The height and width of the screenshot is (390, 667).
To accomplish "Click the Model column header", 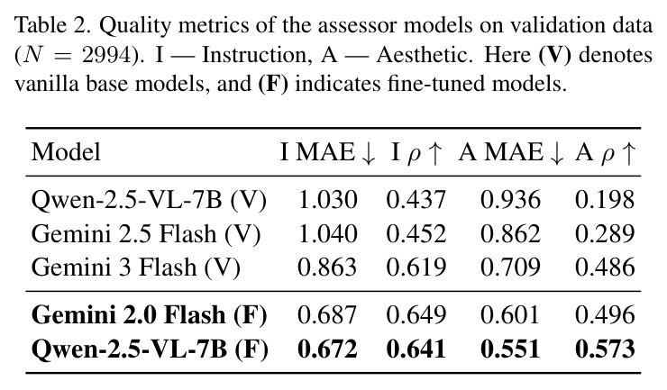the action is click(x=66, y=152).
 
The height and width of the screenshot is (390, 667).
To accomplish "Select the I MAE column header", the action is click(x=327, y=152).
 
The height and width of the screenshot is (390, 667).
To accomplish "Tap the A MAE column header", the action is click(x=511, y=152).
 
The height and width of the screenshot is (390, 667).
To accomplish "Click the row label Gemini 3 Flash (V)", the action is click(x=136, y=268).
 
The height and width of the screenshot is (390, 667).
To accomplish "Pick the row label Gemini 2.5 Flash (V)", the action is click(x=146, y=234).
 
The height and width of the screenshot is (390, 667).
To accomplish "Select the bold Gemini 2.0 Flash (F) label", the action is click(x=150, y=315).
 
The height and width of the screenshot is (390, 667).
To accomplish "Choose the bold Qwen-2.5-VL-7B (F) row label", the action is click(x=150, y=349).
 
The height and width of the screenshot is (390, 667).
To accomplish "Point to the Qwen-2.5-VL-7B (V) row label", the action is click(x=149, y=199).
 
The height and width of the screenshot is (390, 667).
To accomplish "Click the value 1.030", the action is click(x=327, y=199).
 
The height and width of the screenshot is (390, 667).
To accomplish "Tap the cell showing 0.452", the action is click(x=416, y=234).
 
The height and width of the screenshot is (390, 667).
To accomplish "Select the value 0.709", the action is click(x=510, y=268).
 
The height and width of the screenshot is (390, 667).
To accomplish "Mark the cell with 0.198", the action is click(x=605, y=199).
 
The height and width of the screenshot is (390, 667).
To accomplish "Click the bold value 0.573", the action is click(x=605, y=349).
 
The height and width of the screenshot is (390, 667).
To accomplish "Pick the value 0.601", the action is click(x=510, y=315).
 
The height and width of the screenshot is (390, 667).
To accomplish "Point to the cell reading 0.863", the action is click(x=327, y=268).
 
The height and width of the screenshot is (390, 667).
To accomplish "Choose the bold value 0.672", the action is click(x=327, y=349).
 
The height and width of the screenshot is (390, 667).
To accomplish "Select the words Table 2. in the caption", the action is click(x=53, y=25).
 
